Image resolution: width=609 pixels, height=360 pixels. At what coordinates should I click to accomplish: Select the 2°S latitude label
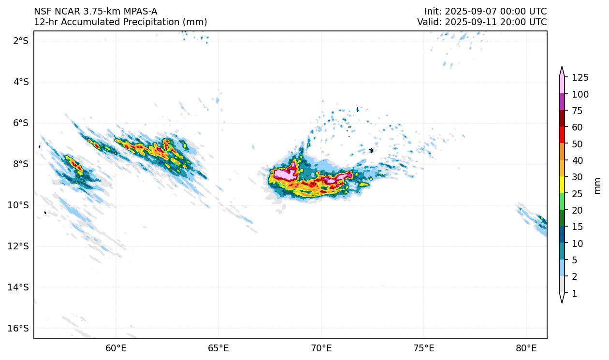(21, 41)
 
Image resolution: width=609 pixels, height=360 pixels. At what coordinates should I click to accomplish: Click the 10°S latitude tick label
(19, 205)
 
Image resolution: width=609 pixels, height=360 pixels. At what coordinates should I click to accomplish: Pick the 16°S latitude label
(19, 328)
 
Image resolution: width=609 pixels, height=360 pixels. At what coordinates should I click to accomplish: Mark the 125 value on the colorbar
(580, 78)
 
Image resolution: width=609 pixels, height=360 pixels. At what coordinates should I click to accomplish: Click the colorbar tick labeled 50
(577, 144)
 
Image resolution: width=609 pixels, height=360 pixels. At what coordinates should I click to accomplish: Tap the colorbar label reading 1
(574, 293)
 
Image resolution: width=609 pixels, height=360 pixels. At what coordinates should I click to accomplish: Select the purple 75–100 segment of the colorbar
(562, 102)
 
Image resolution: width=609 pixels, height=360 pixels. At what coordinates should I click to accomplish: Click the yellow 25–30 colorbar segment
(562, 185)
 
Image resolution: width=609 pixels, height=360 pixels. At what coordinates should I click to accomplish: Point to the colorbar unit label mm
(598, 185)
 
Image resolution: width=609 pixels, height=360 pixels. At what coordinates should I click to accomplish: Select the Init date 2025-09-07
(469, 12)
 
